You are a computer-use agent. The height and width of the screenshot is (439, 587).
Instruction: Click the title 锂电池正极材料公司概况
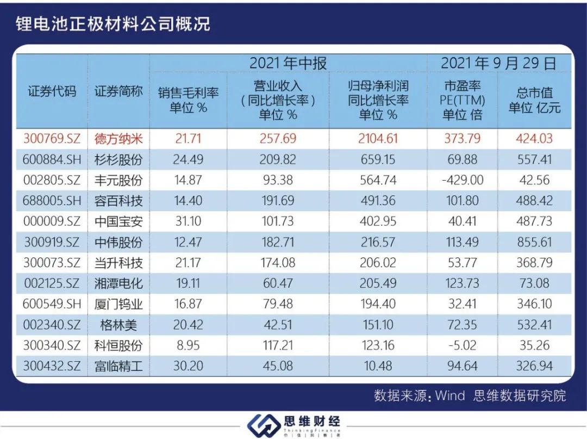click(x=113, y=24)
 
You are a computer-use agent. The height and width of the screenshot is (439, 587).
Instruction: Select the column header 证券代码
click(x=52, y=91)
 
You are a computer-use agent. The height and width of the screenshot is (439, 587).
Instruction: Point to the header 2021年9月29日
click(x=498, y=64)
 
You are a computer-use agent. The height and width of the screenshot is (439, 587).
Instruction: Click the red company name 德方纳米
click(x=118, y=138)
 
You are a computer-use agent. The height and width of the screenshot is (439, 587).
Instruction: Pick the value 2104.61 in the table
click(x=378, y=138)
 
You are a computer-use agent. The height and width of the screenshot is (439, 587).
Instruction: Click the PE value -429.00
click(x=462, y=180)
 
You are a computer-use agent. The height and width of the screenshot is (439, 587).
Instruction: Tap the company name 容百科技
click(x=118, y=201)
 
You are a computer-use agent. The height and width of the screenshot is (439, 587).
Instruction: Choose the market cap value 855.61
click(x=534, y=242)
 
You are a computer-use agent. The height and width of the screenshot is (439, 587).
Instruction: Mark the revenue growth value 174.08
click(x=278, y=263)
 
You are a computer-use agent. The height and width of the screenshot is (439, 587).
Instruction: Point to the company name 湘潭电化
click(x=118, y=283)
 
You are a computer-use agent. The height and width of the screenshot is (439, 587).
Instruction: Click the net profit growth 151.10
click(x=378, y=325)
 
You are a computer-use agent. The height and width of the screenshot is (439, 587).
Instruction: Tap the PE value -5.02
click(x=462, y=345)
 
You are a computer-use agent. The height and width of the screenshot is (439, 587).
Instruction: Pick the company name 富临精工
click(x=118, y=366)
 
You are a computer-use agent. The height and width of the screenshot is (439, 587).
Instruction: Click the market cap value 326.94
click(x=534, y=366)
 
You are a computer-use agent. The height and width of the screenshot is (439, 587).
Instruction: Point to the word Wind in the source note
click(x=450, y=395)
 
